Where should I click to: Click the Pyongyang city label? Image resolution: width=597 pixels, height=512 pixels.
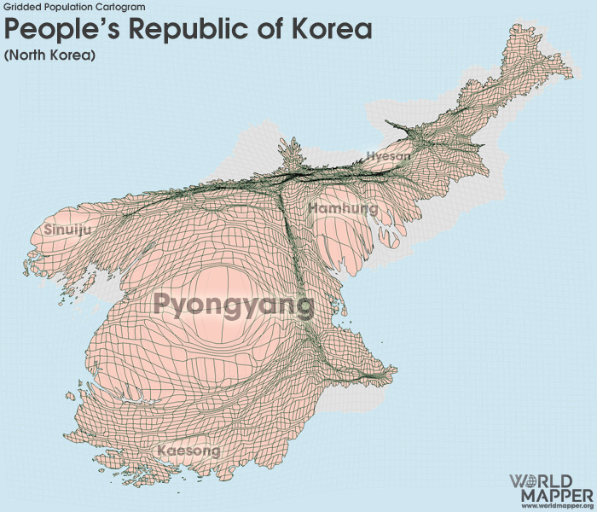pyautogui.click(x=234, y=305)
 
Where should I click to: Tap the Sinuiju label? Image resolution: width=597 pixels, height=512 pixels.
pyautogui.click(x=66, y=230)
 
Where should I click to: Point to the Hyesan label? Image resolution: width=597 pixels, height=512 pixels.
pyautogui.click(x=388, y=156)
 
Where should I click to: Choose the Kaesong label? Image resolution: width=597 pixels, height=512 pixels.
pyautogui.click(x=188, y=450)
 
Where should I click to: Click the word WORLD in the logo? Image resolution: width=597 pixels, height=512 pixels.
pyautogui.click(x=551, y=481)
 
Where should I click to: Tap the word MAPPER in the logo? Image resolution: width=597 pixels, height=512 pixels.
pyautogui.click(x=551, y=495)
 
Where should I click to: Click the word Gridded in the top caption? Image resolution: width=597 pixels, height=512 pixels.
pyautogui.click(x=21, y=7)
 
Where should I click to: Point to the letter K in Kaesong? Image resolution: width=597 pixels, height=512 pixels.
pyautogui.click(x=162, y=450)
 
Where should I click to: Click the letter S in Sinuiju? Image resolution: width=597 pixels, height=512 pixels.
pyautogui.click(x=47, y=230)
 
